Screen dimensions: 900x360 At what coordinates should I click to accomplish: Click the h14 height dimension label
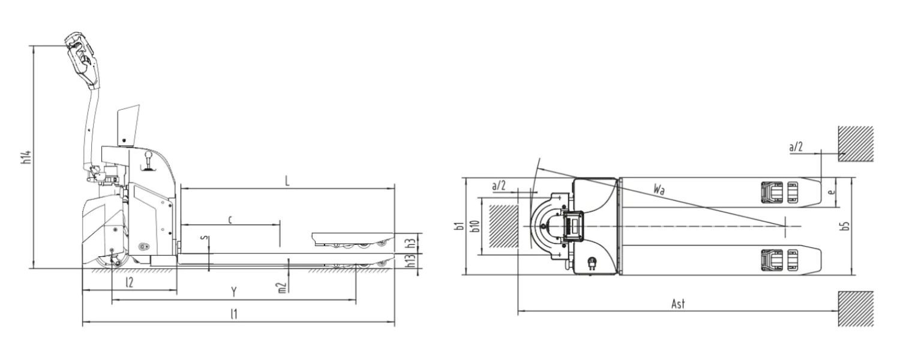coord(27,157)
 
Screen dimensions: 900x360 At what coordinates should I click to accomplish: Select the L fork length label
coord(287,181)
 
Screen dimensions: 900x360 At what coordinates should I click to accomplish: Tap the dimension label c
coord(230,220)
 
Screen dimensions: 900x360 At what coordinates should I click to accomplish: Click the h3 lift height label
coord(410,244)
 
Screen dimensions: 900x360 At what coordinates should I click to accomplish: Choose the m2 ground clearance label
coord(282,287)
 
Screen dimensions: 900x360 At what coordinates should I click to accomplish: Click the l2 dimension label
coord(130,283)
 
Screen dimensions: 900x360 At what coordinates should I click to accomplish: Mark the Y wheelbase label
coord(233,292)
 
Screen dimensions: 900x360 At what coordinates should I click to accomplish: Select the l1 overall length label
coord(233,314)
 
